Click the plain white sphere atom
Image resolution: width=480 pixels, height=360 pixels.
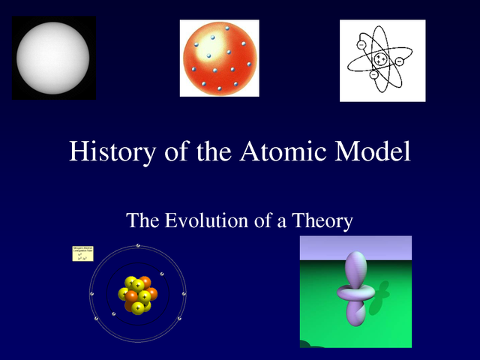(53, 58)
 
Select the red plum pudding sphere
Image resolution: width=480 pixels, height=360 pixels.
(219, 58)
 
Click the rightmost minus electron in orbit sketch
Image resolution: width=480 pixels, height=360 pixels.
(399, 61)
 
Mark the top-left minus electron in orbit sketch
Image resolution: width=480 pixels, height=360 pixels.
(361, 45)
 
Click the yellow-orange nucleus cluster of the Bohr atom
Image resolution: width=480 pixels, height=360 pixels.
(139, 293)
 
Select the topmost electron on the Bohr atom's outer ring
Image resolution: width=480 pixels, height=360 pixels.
(138, 245)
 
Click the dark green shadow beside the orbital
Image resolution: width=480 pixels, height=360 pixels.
(383, 290)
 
